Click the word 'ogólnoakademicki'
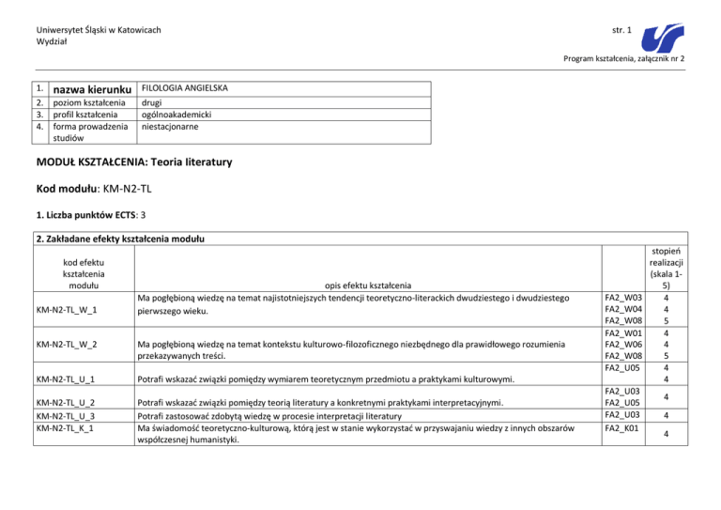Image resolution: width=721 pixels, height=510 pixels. click(x=179, y=113)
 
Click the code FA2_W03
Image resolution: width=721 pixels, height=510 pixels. click(x=623, y=299)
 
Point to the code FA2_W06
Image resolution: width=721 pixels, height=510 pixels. click(x=623, y=344)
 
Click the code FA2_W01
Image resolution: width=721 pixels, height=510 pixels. click(x=623, y=332)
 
